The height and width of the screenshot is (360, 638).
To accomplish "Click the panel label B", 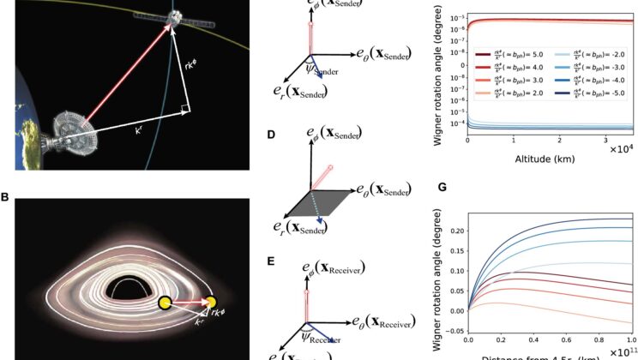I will click(6, 198).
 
